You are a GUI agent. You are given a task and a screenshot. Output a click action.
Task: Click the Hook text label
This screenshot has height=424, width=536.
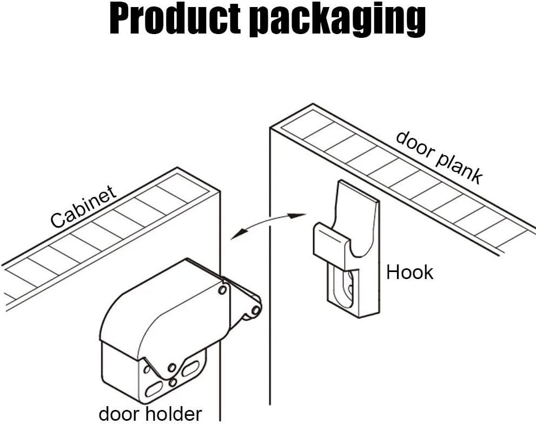tap(409, 272)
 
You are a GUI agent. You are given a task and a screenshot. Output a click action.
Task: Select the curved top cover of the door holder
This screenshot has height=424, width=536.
tap(157, 308)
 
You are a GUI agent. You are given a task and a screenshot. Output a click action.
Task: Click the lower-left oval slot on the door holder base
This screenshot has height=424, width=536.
tap(156, 388)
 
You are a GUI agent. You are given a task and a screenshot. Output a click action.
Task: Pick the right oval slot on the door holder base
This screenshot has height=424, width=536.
tap(190, 369)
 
